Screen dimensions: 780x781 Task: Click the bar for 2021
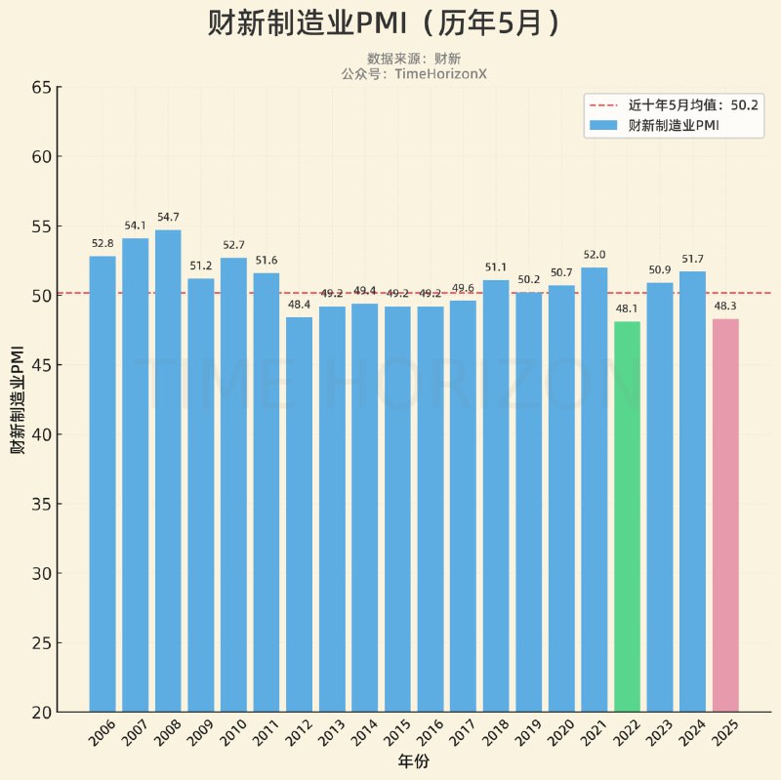[x=594, y=489]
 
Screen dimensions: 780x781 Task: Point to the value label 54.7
[x=168, y=217]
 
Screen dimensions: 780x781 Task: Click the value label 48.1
[x=627, y=308]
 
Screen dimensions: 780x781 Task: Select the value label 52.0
[x=594, y=255]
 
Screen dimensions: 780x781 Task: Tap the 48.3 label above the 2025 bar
[x=725, y=306]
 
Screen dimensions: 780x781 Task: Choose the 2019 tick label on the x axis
[x=527, y=734]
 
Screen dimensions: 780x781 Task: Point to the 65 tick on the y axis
[x=40, y=87]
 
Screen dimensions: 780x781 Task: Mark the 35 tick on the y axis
[x=40, y=505]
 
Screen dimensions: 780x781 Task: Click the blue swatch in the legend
[x=604, y=125]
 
